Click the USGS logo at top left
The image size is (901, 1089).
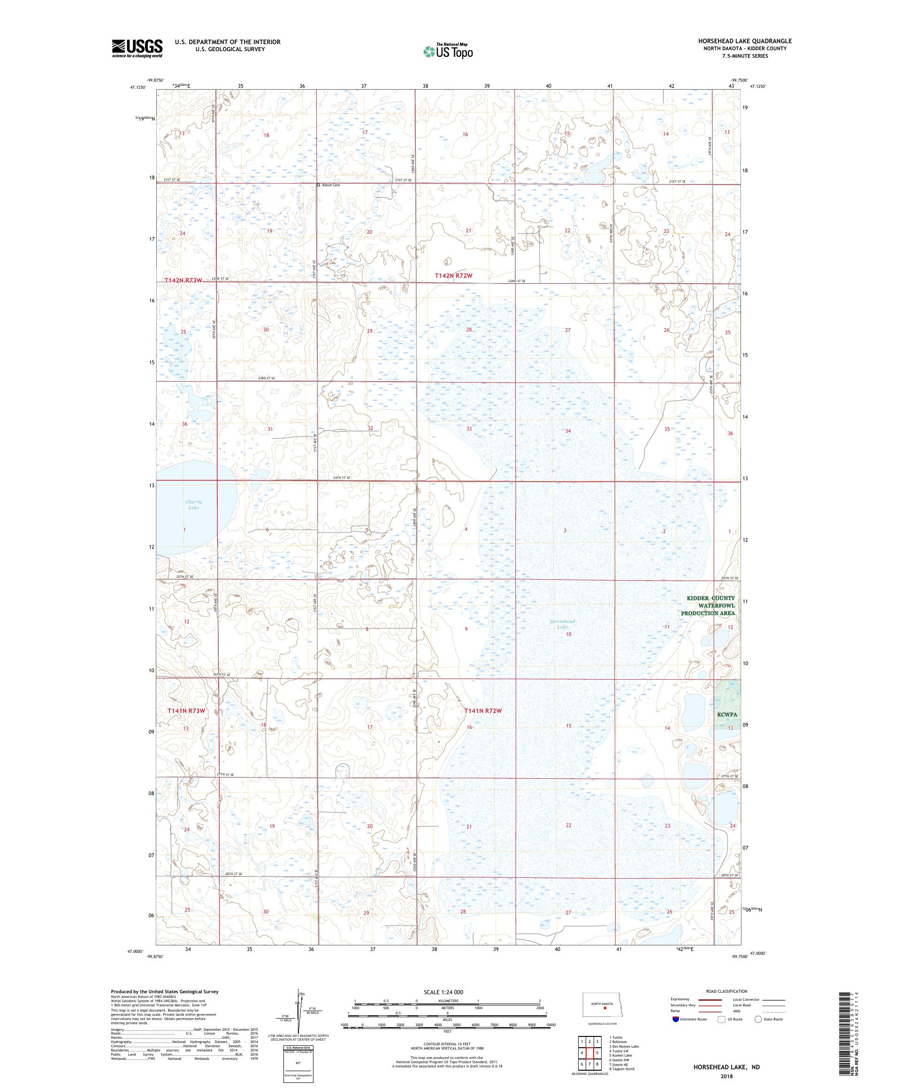137,48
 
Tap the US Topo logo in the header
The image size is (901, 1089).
449,51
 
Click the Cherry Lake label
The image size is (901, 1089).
193,505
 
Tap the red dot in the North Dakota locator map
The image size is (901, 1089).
604,1009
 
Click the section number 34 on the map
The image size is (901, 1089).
568,431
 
